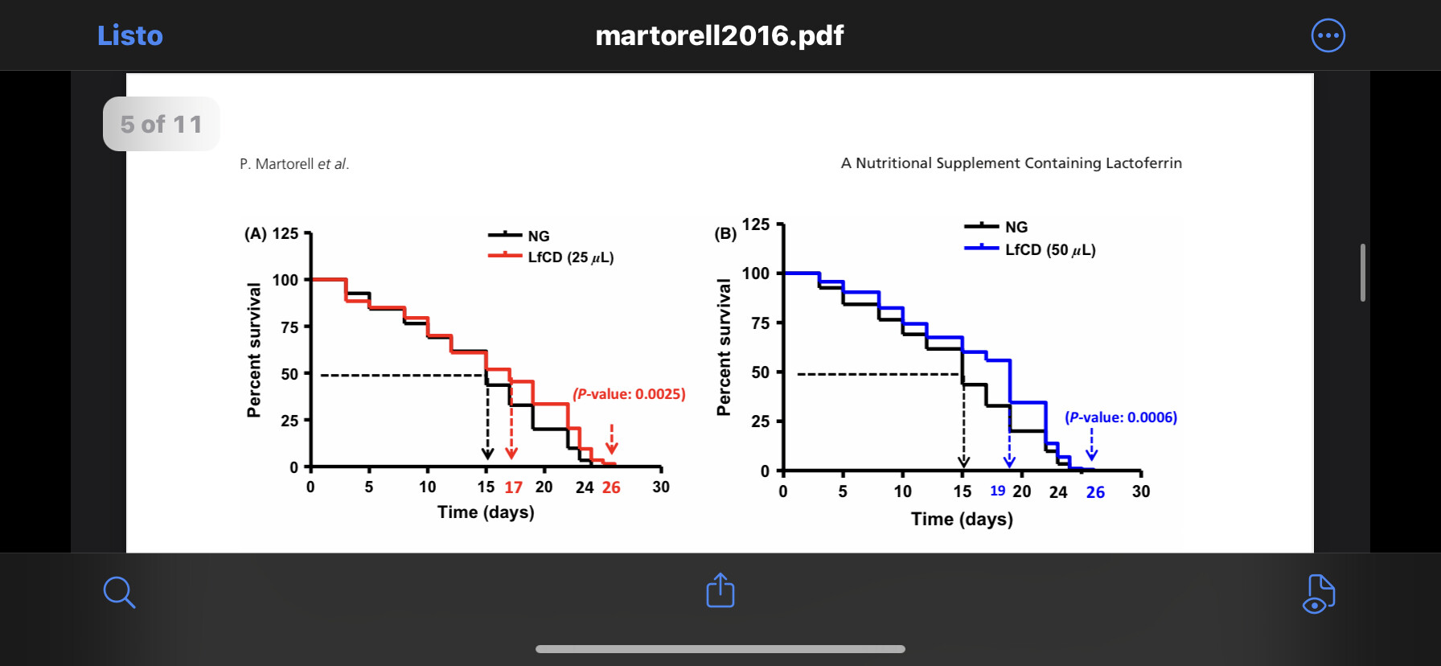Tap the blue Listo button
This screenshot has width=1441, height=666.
point(129,35)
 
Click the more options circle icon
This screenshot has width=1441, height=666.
point(1328,35)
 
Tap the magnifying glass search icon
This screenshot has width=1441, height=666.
point(119,592)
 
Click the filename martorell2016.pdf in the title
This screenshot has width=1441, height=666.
point(719,35)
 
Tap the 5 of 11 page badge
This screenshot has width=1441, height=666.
point(161,124)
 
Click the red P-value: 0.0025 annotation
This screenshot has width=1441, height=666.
point(629,394)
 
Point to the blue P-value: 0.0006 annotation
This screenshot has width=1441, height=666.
point(1120,417)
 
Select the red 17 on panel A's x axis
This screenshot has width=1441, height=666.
point(513,487)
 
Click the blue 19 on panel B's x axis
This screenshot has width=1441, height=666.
point(997,491)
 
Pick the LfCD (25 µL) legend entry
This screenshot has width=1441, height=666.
point(569,257)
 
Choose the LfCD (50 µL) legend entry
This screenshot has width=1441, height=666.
point(1049,250)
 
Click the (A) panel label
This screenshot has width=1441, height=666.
point(256,234)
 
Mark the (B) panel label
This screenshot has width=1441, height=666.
point(725,234)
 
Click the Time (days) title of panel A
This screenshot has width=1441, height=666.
point(486,512)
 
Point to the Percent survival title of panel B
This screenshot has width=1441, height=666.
point(724,347)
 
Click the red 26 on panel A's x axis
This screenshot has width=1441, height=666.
point(611,487)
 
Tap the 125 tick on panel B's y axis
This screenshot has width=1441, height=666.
point(756,224)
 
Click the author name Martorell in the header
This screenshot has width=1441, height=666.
point(284,164)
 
